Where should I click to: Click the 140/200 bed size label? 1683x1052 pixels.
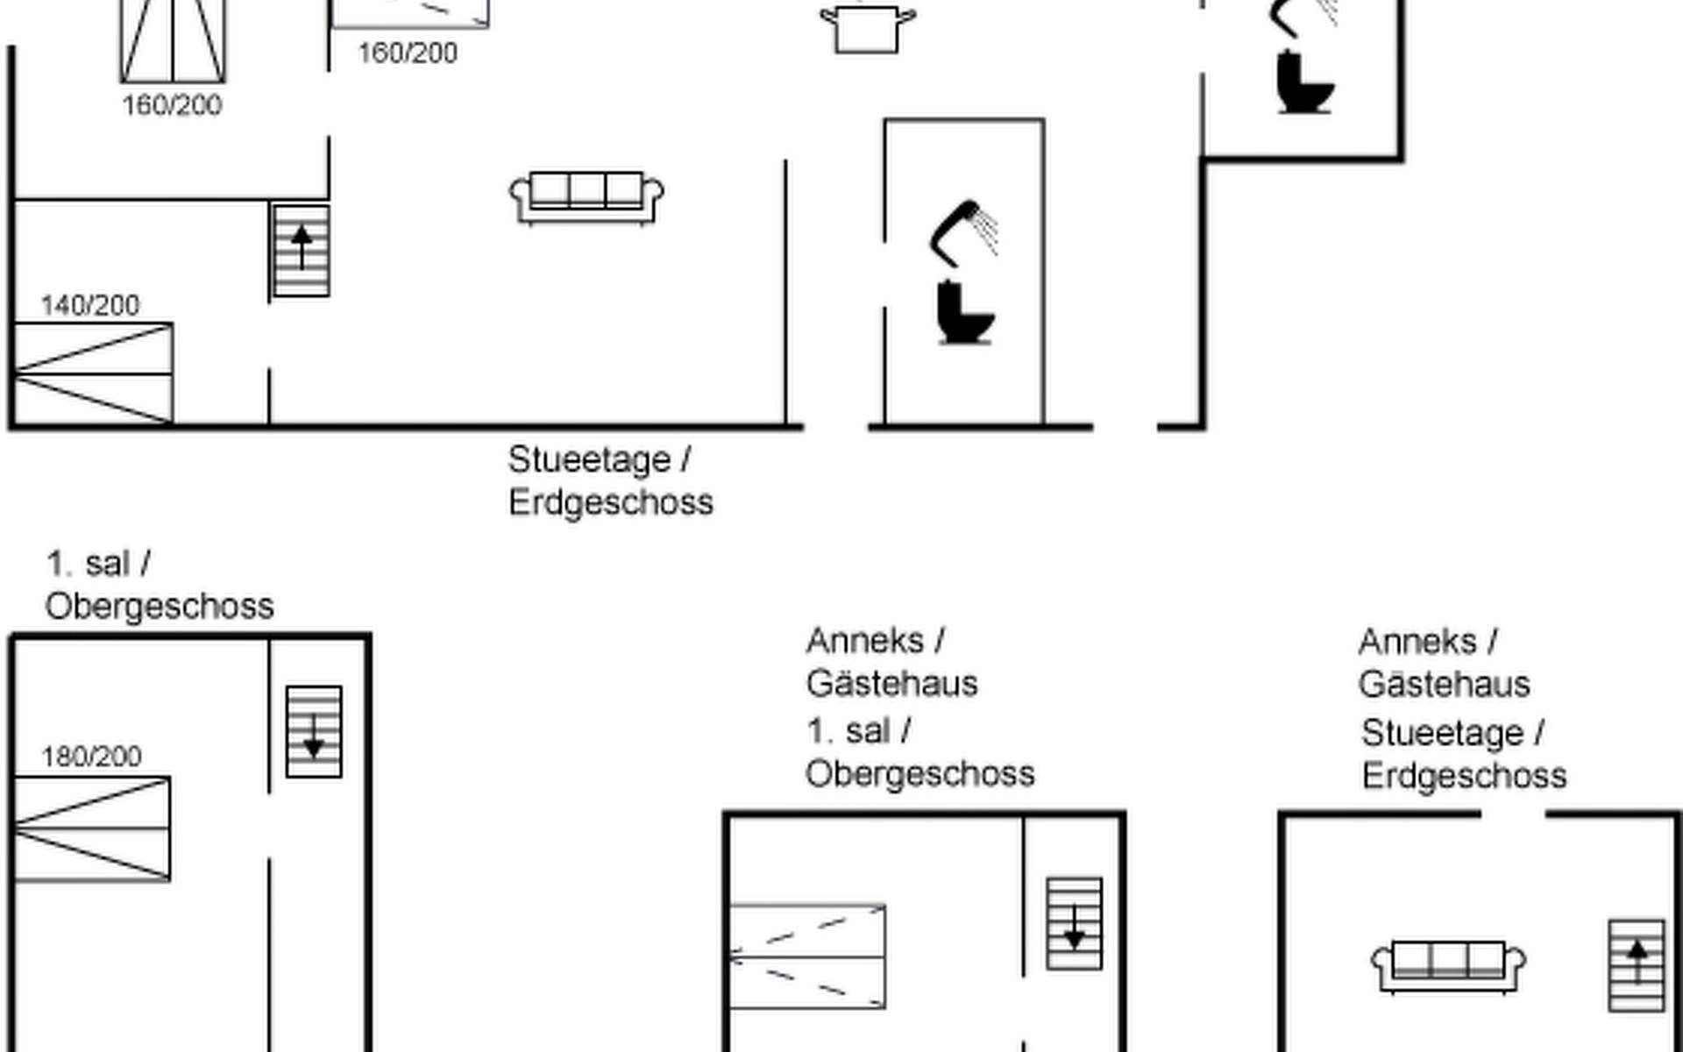pyautogui.click(x=90, y=305)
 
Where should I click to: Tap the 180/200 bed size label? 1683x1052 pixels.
pyautogui.click(x=92, y=757)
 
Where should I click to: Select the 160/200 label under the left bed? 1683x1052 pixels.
pyautogui.click(x=172, y=105)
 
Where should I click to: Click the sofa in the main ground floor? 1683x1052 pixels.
pyautogui.click(x=586, y=198)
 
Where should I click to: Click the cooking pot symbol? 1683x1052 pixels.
pyautogui.click(x=868, y=28)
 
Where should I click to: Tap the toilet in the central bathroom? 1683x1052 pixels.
pyautogui.click(x=964, y=312)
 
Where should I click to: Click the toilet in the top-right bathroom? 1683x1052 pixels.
pyautogui.click(x=1304, y=83)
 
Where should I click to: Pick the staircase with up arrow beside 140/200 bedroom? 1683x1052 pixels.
pyautogui.click(x=302, y=251)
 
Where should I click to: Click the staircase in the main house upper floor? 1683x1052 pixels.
pyautogui.click(x=314, y=731)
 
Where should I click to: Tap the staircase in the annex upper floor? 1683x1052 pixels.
pyautogui.click(x=1075, y=923)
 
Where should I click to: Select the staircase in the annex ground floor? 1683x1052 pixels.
pyautogui.click(x=1637, y=965)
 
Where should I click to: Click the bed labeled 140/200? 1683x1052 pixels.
pyautogui.click(x=93, y=373)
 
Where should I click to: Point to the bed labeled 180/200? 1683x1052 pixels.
pyautogui.click(x=92, y=828)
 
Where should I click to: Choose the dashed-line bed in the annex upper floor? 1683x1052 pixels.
pyautogui.click(x=807, y=956)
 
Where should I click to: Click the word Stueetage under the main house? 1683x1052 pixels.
pyautogui.click(x=590, y=459)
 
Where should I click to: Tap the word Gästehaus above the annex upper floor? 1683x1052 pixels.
pyautogui.click(x=892, y=684)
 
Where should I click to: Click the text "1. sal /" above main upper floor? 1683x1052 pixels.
pyautogui.click(x=98, y=564)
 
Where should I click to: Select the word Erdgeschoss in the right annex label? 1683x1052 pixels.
pyautogui.click(x=1465, y=776)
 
